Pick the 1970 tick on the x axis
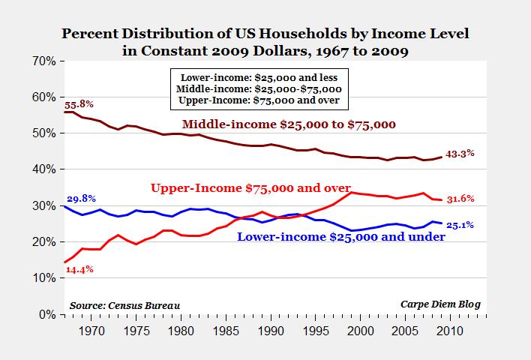[x=91, y=329]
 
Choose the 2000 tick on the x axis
[x=361, y=329]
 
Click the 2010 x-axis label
[x=450, y=329]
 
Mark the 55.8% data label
[x=79, y=102]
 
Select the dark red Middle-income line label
[x=289, y=123]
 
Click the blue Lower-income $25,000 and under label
[x=341, y=237]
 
